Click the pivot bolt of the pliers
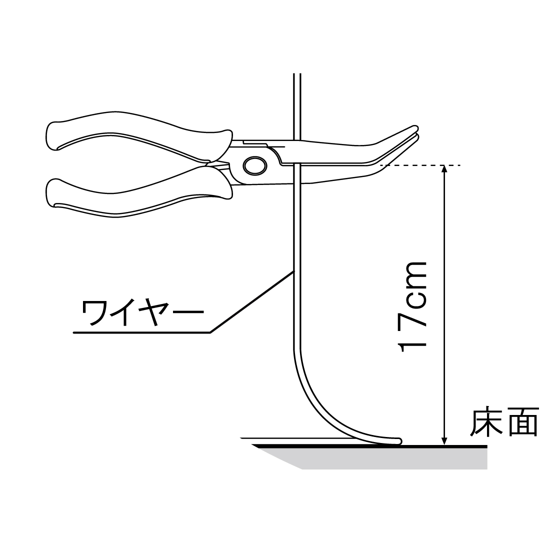pos(254,165)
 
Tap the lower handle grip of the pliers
pos(135,197)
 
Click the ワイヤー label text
pos(142,313)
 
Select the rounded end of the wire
pos(399,441)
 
